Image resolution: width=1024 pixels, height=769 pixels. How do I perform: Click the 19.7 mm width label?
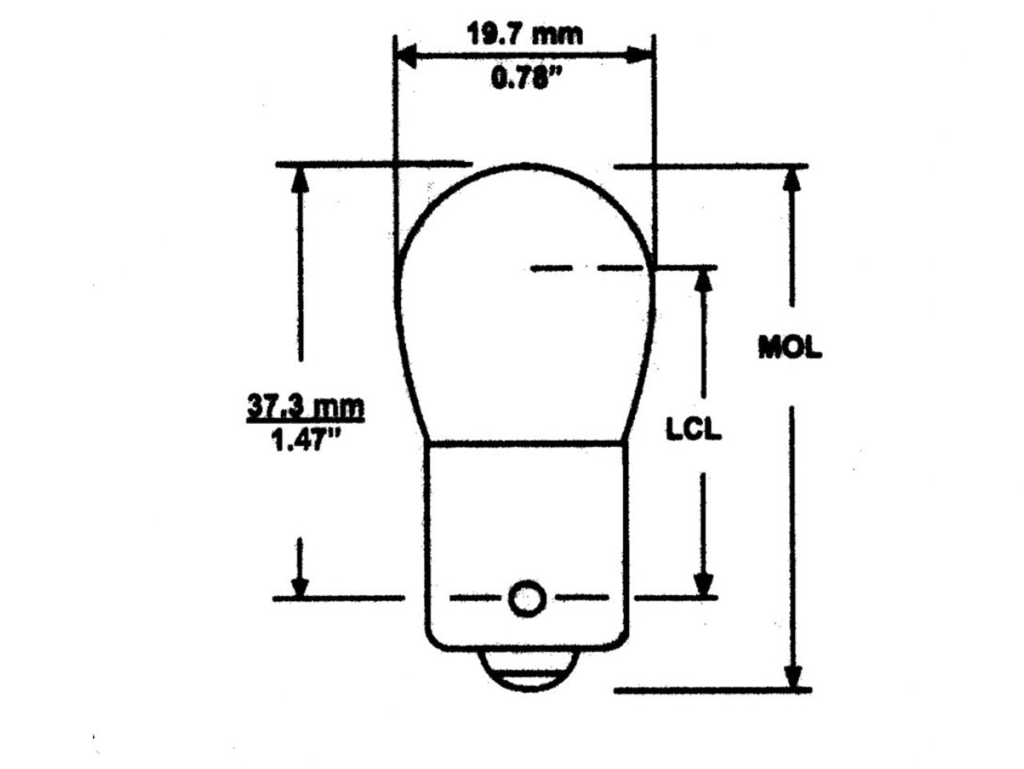(524, 34)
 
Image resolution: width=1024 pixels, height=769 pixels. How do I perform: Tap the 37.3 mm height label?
(304, 407)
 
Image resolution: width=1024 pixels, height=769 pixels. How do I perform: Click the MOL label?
(790, 348)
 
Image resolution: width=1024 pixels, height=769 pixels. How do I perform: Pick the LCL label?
(693, 429)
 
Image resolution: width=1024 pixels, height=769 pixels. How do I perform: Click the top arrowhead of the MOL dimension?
(793, 179)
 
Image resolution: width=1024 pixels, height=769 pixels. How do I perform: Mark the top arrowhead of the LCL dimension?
(703, 280)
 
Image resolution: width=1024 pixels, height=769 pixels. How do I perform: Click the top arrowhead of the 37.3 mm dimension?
(300, 179)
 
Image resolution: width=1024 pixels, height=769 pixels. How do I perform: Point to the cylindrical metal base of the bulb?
(525, 521)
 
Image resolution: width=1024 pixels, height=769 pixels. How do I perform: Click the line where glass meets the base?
(525, 441)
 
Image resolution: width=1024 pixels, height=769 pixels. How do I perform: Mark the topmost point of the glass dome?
(525, 165)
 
